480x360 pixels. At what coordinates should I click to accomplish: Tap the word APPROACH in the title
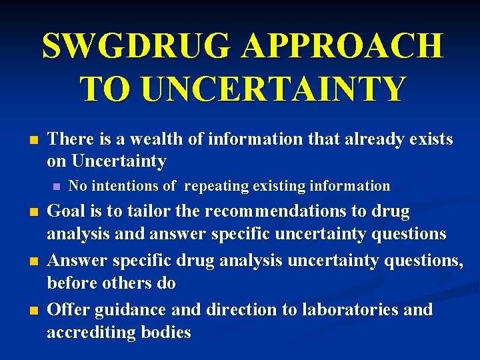point(342,46)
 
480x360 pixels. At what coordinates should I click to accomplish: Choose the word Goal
point(67,212)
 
